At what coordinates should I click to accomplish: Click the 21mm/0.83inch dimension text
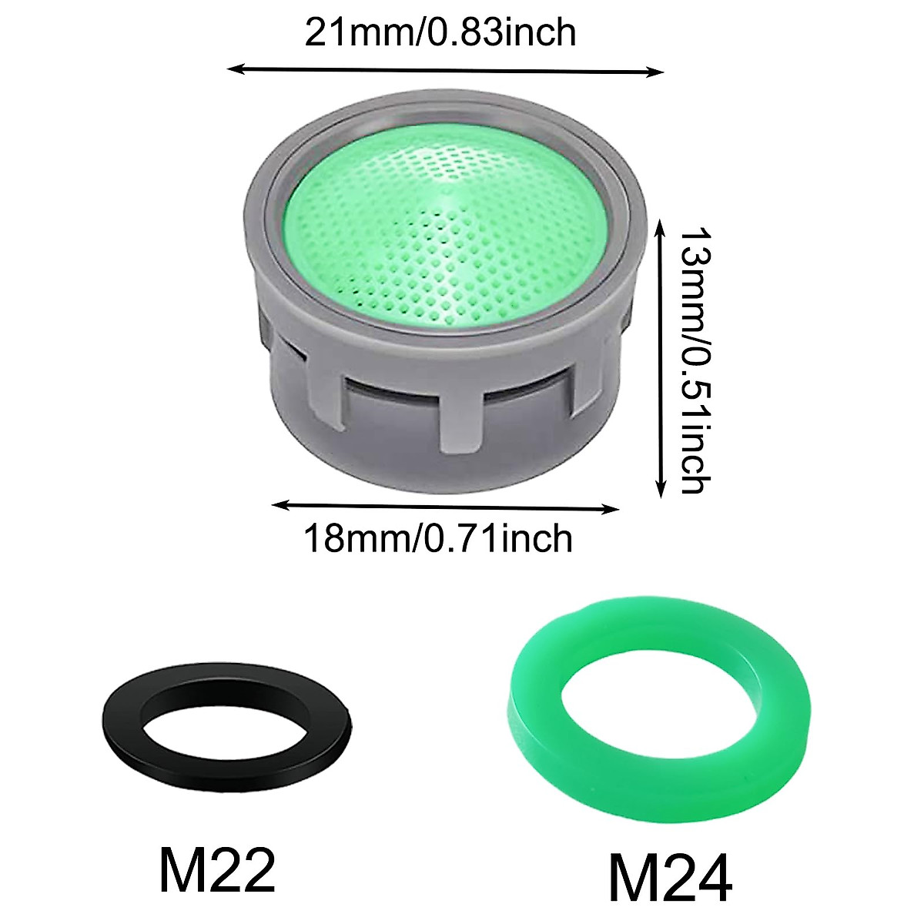pos(440,34)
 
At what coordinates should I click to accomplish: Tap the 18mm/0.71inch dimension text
pos(439,538)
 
